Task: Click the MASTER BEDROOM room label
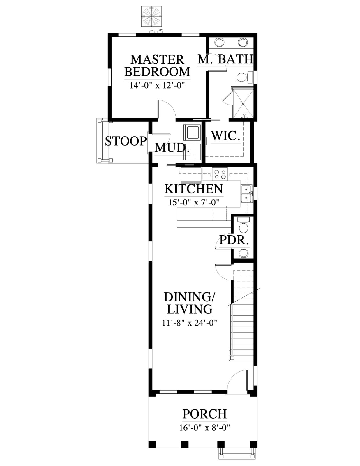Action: point(157,66)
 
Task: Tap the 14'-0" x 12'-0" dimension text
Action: point(157,86)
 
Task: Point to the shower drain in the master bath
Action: point(243,104)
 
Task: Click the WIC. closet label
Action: point(225,135)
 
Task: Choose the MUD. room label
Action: point(173,148)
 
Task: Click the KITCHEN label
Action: point(194,189)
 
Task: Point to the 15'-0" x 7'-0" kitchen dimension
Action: point(194,203)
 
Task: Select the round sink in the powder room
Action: point(243,253)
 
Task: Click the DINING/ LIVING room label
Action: point(190,303)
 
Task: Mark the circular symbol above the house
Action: point(151,16)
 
